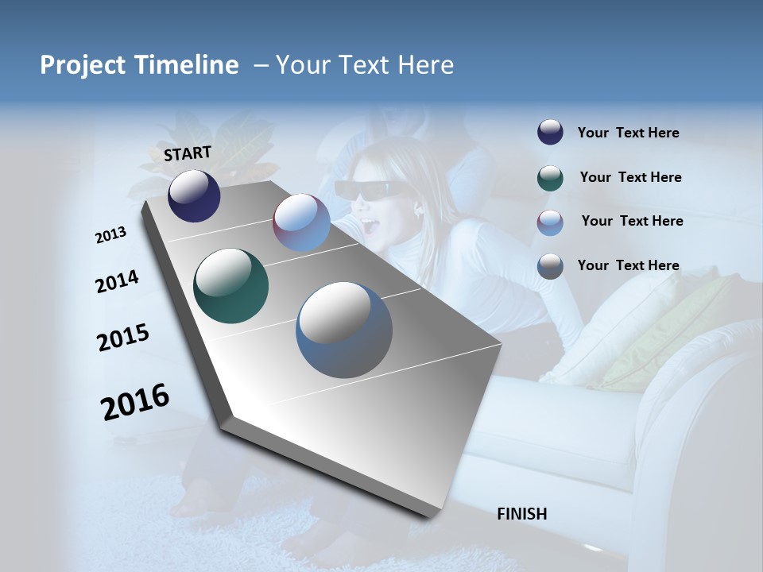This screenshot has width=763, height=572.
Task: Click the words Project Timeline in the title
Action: (x=139, y=65)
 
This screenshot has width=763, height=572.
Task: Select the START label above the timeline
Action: (x=188, y=153)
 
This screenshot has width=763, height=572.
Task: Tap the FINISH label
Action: (x=522, y=514)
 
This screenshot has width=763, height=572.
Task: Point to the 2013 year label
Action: (x=111, y=235)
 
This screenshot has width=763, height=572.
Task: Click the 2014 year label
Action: (x=118, y=282)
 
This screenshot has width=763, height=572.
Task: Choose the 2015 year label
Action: (x=123, y=337)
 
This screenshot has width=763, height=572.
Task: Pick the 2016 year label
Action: (x=135, y=401)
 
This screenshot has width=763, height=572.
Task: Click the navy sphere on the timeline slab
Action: (x=194, y=195)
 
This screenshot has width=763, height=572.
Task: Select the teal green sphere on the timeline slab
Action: (x=230, y=286)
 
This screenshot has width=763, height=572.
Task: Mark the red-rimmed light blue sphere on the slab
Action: (x=301, y=222)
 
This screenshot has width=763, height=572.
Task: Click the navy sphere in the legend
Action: (x=550, y=133)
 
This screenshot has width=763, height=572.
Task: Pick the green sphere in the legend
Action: (x=550, y=178)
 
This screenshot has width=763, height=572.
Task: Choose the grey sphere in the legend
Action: (x=550, y=266)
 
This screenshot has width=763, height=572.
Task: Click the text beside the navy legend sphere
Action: (x=628, y=133)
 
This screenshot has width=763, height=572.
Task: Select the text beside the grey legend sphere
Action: (x=628, y=265)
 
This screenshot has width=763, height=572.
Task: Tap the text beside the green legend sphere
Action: (x=630, y=177)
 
